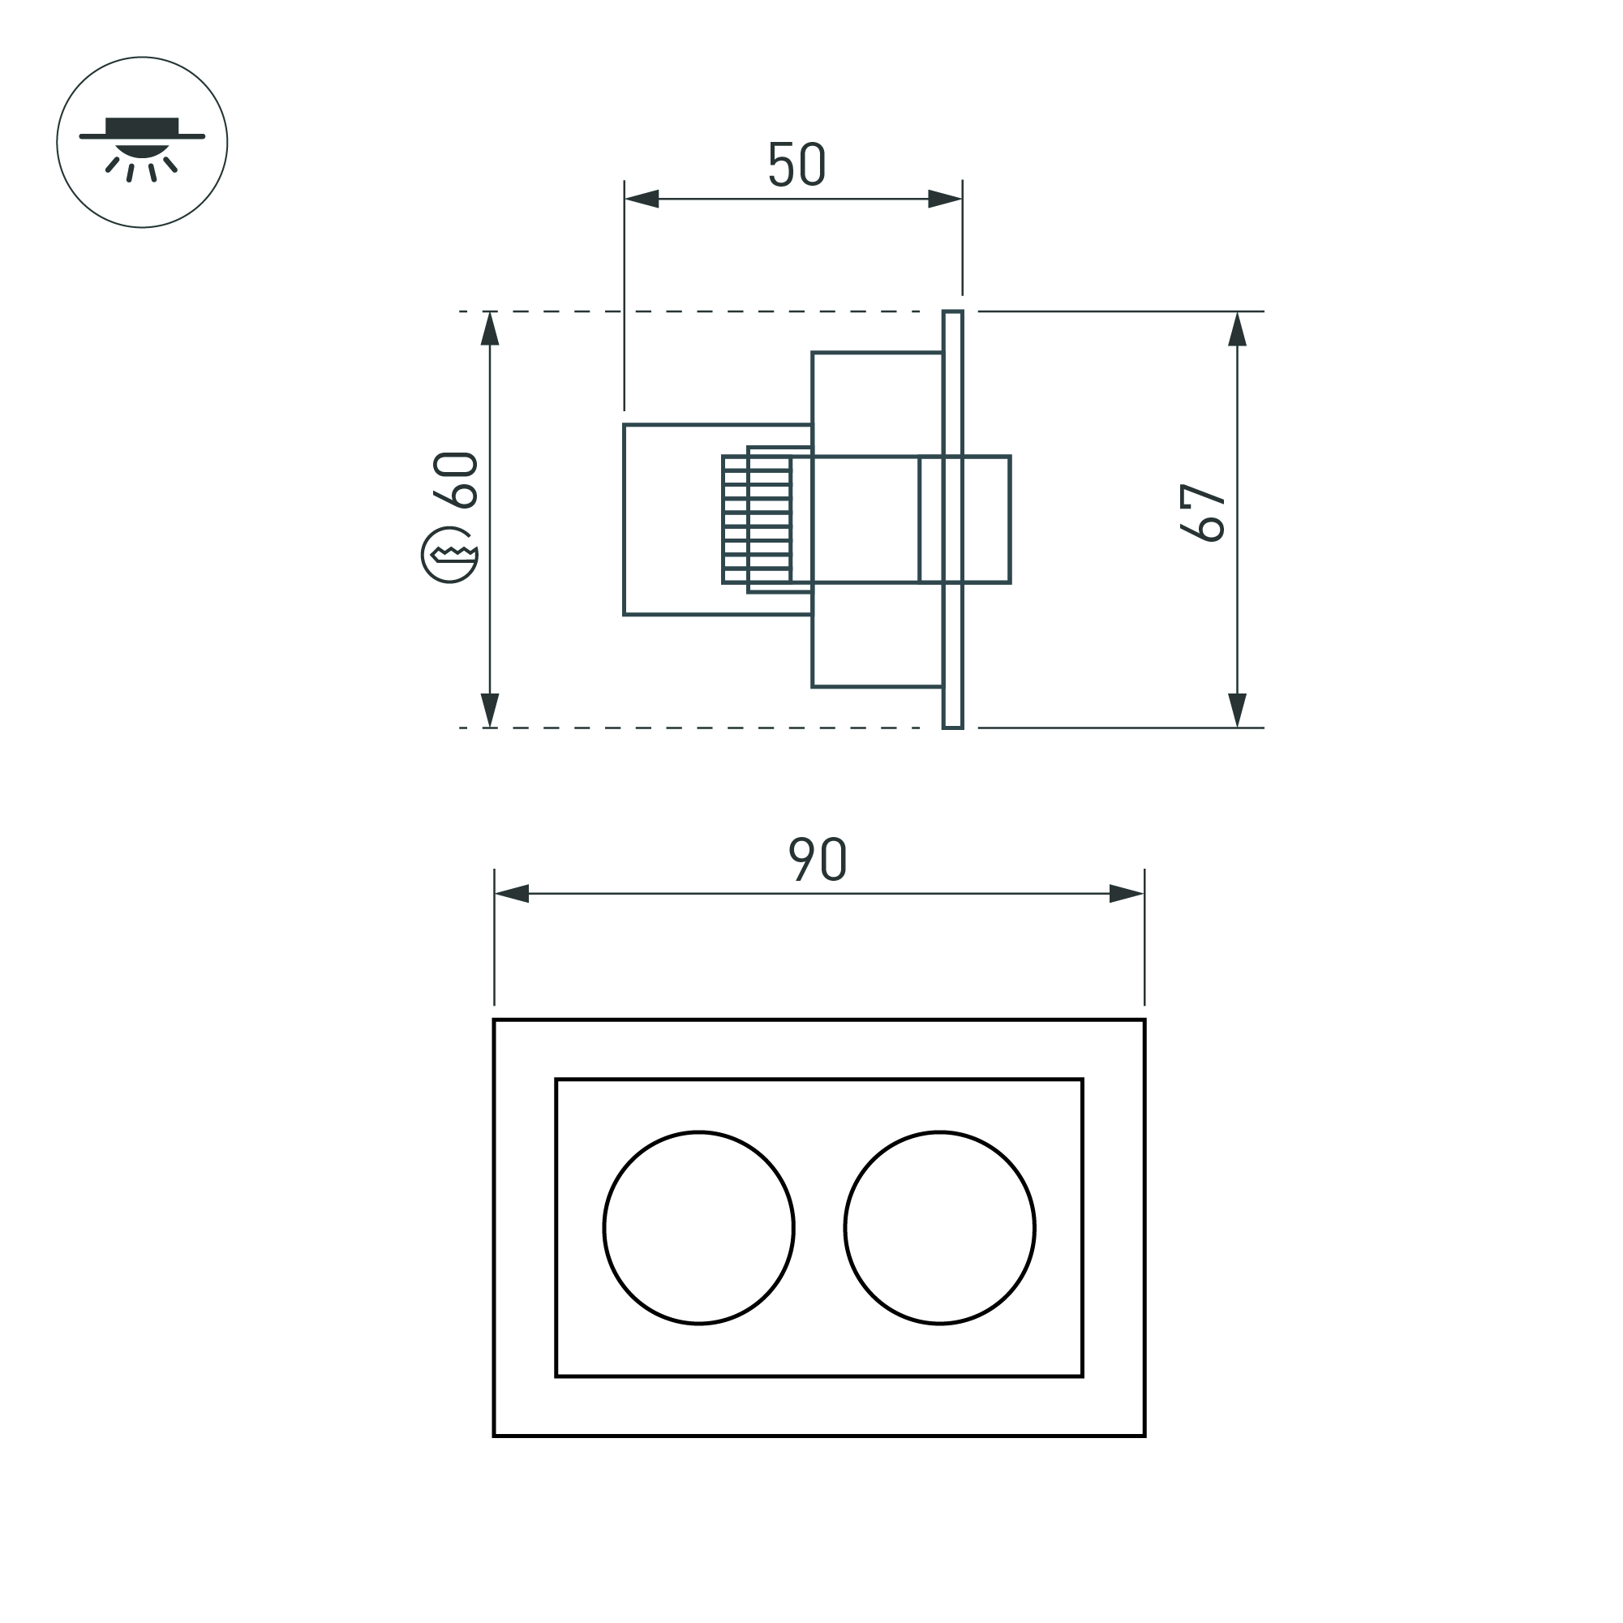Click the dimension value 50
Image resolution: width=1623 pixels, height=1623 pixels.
pos(796,165)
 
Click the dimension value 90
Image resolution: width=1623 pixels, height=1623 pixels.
pos(818,858)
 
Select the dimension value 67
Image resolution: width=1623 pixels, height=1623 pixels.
pos(1202,513)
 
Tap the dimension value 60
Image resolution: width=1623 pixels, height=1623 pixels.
pos(455,479)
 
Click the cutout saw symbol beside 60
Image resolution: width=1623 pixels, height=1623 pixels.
pos(449,555)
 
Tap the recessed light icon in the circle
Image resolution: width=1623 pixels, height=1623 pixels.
pos(142,143)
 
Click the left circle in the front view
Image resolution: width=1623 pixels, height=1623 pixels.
pos(698,1227)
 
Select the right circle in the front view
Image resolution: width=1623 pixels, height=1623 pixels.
pos(939,1227)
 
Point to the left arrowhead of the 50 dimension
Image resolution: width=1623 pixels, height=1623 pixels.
pos(642,199)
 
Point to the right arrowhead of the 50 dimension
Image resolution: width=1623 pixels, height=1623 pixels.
pos(945,199)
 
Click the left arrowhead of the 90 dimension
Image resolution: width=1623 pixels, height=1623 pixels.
pos(512,894)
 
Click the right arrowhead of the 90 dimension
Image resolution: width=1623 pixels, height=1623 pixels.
pos(1127,894)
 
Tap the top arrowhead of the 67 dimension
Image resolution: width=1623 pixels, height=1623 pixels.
pos(1237,329)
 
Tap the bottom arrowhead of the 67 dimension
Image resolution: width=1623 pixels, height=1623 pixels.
pos(1237,710)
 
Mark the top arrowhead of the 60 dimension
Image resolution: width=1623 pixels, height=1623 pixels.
pos(490,329)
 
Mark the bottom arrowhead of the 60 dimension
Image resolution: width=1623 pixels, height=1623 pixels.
pos(490,710)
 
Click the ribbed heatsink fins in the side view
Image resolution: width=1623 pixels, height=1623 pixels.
pos(756,520)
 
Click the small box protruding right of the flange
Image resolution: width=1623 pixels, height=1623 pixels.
pos(987,519)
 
